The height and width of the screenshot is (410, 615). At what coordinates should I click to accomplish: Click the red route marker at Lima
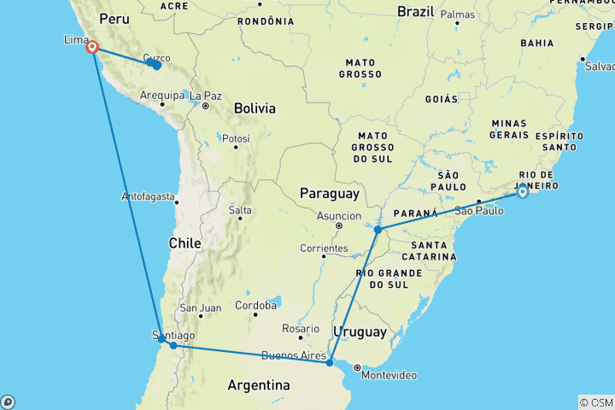[91, 48]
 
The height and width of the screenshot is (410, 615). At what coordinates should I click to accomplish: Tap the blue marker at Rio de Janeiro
[522, 191]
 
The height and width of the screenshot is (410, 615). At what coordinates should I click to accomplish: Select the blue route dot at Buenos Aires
[330, 363]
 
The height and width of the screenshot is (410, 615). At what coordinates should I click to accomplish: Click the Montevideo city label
[389, 376]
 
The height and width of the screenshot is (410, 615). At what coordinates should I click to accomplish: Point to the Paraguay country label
[327, 195]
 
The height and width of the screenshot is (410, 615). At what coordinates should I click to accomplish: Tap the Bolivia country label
[255, 108]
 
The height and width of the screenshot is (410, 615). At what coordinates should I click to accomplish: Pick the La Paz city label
[206, 96]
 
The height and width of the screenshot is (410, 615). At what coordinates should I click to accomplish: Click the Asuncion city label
[338, 216]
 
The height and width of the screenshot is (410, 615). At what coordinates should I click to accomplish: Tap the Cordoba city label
[255, 305]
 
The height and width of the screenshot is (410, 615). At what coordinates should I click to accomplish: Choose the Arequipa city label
[161, 96]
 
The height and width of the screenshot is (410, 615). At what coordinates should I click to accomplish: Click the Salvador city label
[596, 66]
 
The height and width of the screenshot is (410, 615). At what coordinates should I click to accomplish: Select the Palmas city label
[458, 15]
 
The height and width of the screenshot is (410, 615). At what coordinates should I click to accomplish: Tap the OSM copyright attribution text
[595, 402]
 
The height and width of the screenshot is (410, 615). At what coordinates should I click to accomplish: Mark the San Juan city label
[200, 308]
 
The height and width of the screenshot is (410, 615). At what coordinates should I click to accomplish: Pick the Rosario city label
[301, 329]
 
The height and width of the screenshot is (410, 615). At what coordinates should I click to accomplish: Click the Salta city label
[240, 210]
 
